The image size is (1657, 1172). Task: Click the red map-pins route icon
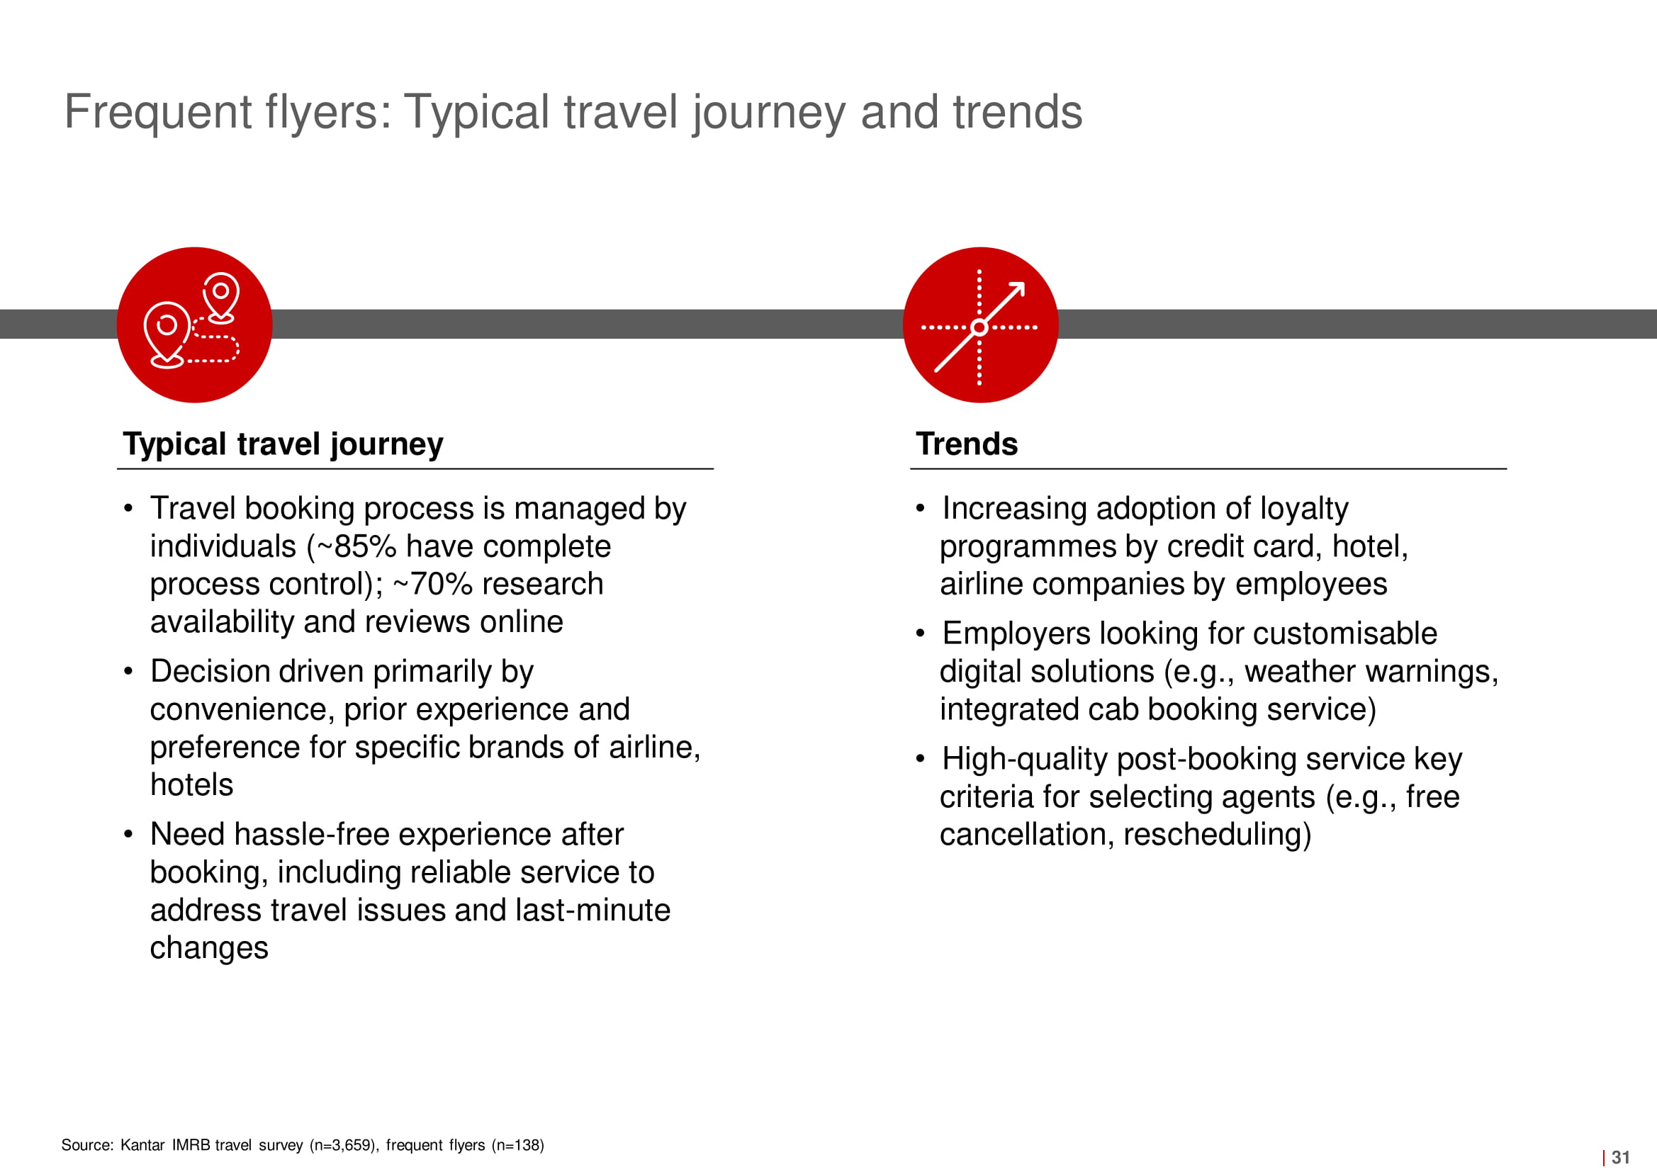point(194,325)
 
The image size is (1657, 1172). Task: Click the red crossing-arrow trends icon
point(980,325)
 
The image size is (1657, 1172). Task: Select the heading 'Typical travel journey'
point(283,444)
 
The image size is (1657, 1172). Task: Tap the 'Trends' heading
point(966,444)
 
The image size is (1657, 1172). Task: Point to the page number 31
point(1621,1157)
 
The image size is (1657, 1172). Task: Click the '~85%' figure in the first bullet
point(356,546)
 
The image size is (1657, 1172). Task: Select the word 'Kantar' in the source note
point(142,1144)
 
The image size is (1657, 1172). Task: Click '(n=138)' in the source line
point(517,1145)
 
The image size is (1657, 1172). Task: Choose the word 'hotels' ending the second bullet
point(191,784)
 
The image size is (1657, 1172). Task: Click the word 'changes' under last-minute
point(209,948)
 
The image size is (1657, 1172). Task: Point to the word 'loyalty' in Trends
point(1304,509)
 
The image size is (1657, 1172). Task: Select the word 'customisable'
point(1345,633)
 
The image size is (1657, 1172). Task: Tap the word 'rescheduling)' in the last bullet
point(1218,835)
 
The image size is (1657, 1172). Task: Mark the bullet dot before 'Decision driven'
point(128,672)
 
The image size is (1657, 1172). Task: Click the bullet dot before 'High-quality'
point(920,759)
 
